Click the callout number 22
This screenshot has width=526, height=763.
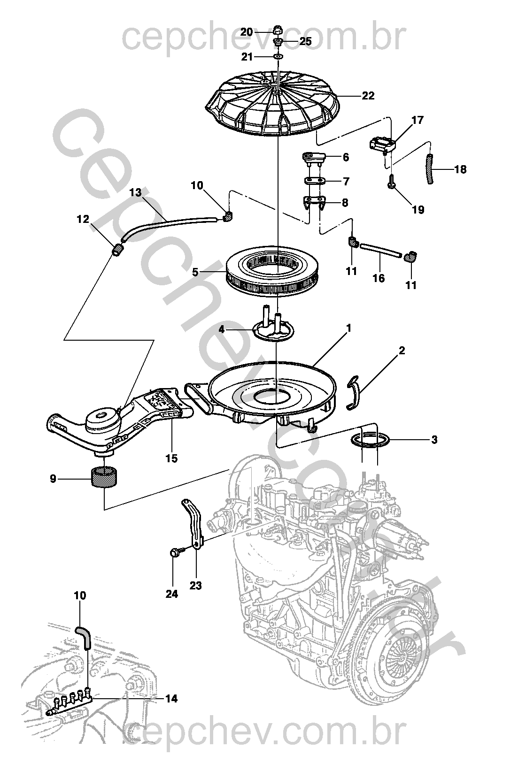point(368,96)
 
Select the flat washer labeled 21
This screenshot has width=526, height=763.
point(278,56)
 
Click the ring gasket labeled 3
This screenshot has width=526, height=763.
point(370,441)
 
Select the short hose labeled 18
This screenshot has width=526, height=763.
point(431,168)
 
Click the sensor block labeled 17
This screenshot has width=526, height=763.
point(382,144)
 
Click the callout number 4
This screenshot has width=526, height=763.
point(222,329)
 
